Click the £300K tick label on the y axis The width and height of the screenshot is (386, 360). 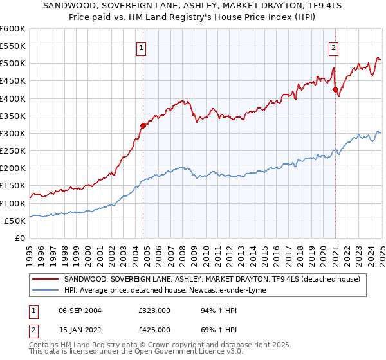point(13,133)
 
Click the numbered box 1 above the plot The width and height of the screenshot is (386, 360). point(141,47)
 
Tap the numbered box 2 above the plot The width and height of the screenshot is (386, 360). point(334,47)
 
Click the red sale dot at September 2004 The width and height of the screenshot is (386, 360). point(143,125)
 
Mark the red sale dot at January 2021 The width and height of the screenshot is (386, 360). point(335,90)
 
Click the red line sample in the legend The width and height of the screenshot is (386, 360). point(46,279)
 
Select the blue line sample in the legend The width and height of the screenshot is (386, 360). point(46,290)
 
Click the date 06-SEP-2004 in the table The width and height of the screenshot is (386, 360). point(80,310)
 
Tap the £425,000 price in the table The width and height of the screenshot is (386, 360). point(154,329)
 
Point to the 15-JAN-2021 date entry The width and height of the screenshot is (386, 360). point(80,329)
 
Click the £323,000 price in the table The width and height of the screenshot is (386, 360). point(154,310)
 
